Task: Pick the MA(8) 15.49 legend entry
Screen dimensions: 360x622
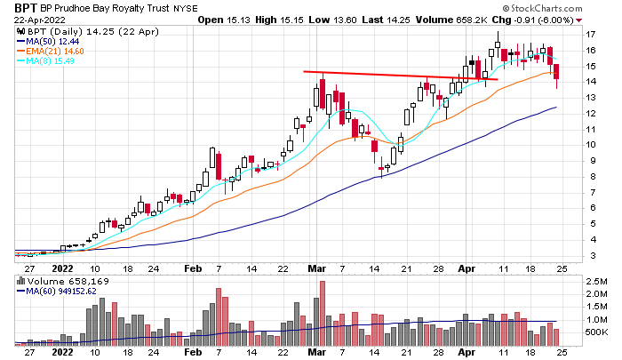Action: point(48,61)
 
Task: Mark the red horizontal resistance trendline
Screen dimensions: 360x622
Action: point(400,76)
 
